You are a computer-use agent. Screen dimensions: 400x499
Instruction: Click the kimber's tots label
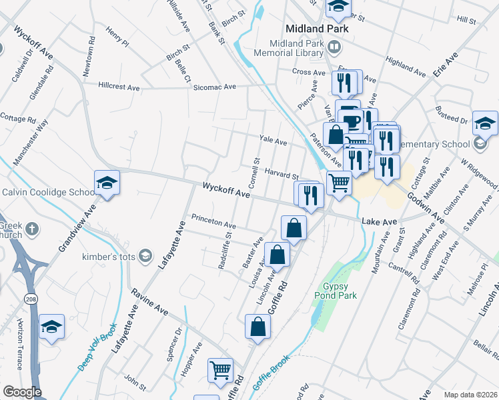109,257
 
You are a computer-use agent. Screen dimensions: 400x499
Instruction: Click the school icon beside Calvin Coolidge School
106,183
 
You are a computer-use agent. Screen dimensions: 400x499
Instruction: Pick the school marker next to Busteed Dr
485,122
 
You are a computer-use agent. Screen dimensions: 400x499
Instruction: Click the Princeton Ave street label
213,221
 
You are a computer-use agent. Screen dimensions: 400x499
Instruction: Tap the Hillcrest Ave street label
119,87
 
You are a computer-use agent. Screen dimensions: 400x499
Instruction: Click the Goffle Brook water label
273,368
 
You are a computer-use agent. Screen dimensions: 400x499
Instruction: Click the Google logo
22,392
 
